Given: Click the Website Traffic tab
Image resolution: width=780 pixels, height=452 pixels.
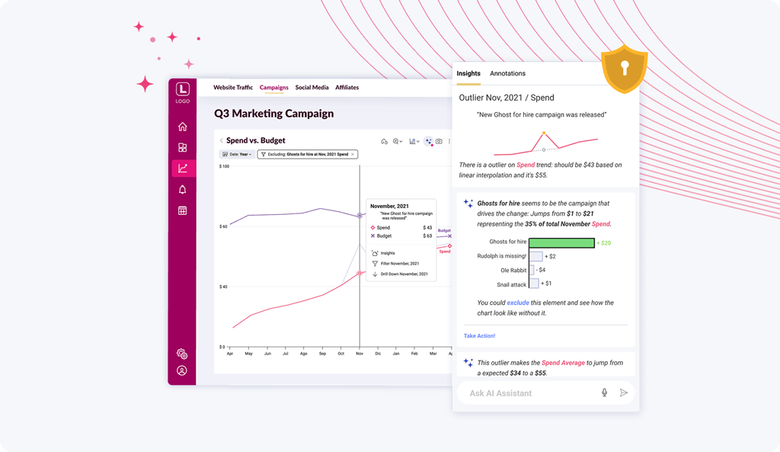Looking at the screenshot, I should click(233, 88).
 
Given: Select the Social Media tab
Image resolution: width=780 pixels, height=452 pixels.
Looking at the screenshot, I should click(312, 88).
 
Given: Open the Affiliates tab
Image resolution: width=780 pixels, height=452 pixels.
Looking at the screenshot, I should click(347, 88).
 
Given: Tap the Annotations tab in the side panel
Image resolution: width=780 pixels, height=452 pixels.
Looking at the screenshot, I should click(507, 73).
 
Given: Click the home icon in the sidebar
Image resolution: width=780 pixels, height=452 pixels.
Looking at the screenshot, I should click(182, 127).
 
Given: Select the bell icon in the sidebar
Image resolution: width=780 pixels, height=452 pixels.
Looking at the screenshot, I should click(182, 189).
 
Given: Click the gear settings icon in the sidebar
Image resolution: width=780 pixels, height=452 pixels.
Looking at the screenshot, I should click(182, 354).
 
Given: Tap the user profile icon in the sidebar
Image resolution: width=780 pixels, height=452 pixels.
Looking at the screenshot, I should click(182, 370).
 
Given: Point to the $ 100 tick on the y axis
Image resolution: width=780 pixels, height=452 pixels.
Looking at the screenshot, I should click(224, 166).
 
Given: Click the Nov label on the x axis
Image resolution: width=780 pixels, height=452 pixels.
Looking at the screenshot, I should click(360, 354).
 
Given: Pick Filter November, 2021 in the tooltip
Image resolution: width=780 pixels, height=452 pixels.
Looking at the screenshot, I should click(395, 263).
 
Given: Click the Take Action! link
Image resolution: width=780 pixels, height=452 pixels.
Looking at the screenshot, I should click(480, 336).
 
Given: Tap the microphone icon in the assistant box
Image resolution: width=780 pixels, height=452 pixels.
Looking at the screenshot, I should click(604, 393).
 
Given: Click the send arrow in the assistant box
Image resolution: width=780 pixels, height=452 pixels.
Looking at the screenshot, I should click(624, 393).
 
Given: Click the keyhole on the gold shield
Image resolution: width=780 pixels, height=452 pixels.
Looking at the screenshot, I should click(625, 68).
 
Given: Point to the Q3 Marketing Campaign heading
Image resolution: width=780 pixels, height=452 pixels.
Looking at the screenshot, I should click(273, 114).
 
